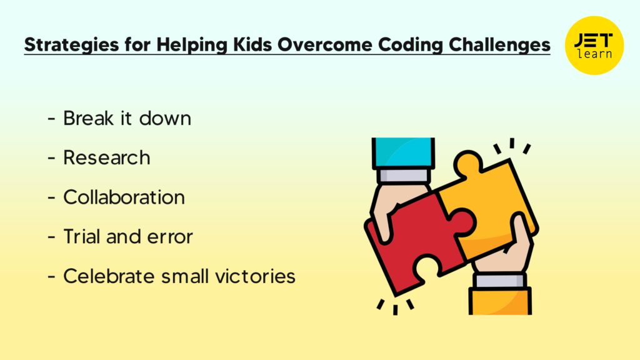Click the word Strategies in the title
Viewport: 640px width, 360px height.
tap(72, 45)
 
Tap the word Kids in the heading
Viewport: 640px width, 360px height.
tap(252, 44)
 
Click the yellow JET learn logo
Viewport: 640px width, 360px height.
tap(594, 45)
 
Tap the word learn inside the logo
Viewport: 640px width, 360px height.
tap(594, 54)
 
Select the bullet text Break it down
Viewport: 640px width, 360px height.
tap(127, 118)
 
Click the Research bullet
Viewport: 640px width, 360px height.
tap(106, 157)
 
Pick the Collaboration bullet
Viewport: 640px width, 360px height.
tap(124, 197)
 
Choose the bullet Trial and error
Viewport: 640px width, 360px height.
tap(127, 237)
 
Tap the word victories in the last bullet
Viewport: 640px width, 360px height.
tap(255, 276)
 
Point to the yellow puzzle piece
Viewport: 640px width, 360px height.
tap(490, 204)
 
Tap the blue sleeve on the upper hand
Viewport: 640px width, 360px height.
tap(403, 152)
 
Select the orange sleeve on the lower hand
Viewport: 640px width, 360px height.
tap(500, 301)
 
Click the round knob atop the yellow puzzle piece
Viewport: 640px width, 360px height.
tap(467, 163)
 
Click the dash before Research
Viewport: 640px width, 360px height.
tap(51, 158)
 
